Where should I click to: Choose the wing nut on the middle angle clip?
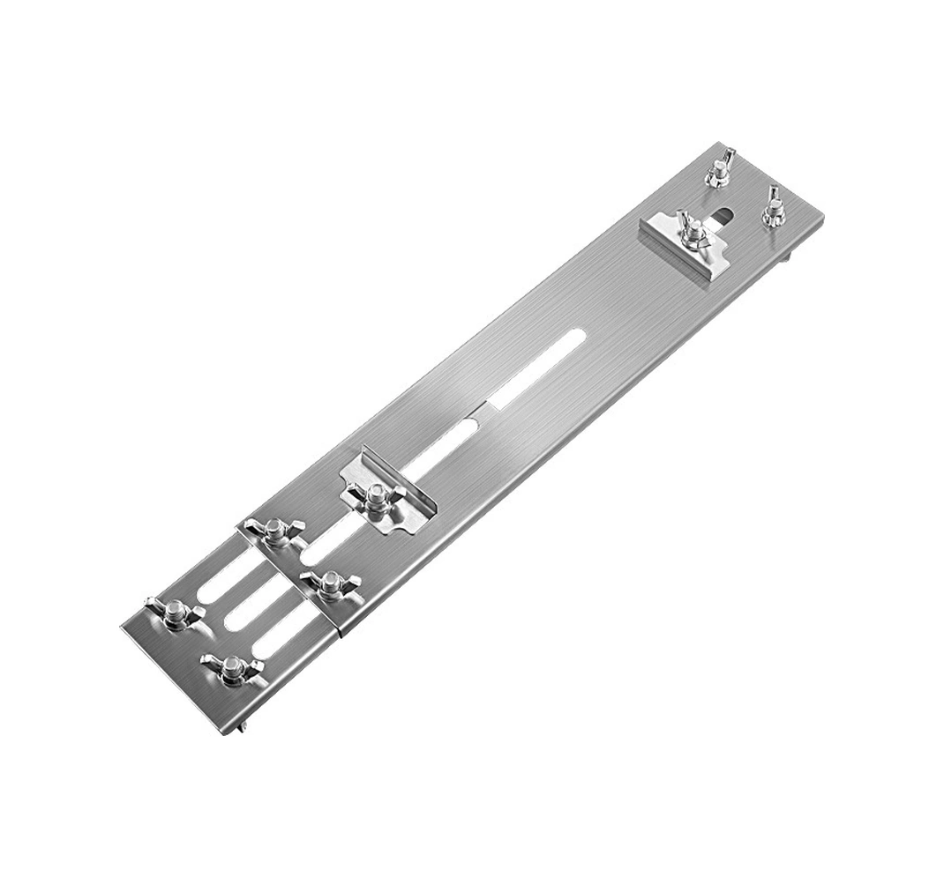coord(376,496)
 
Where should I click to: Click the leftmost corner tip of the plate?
coord(121,627)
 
